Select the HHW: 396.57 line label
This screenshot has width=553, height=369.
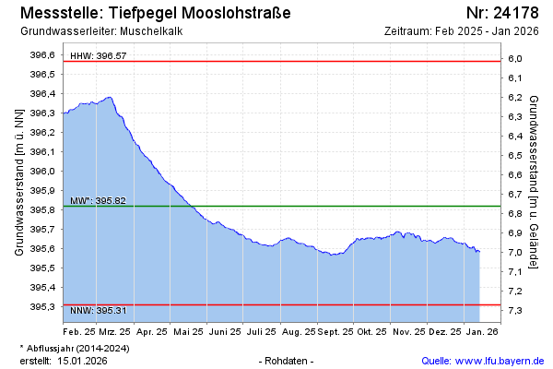tap(98, 56)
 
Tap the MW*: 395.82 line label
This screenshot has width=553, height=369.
tap(98, 200)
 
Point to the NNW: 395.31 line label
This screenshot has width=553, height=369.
tap(98, 310)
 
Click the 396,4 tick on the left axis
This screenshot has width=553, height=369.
tap(42, 94)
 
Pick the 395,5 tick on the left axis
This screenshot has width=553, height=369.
tap(42, 268)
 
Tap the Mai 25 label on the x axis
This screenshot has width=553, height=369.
tap(188, 330)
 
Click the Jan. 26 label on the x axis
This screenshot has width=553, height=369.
tap(481, 330)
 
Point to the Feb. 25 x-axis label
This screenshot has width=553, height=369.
tap(79, 330)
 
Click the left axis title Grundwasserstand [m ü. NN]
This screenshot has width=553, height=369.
tap(18, 181)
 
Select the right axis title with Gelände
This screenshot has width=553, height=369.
tap(534, 181)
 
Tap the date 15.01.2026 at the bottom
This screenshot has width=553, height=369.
tap(82, 360)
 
